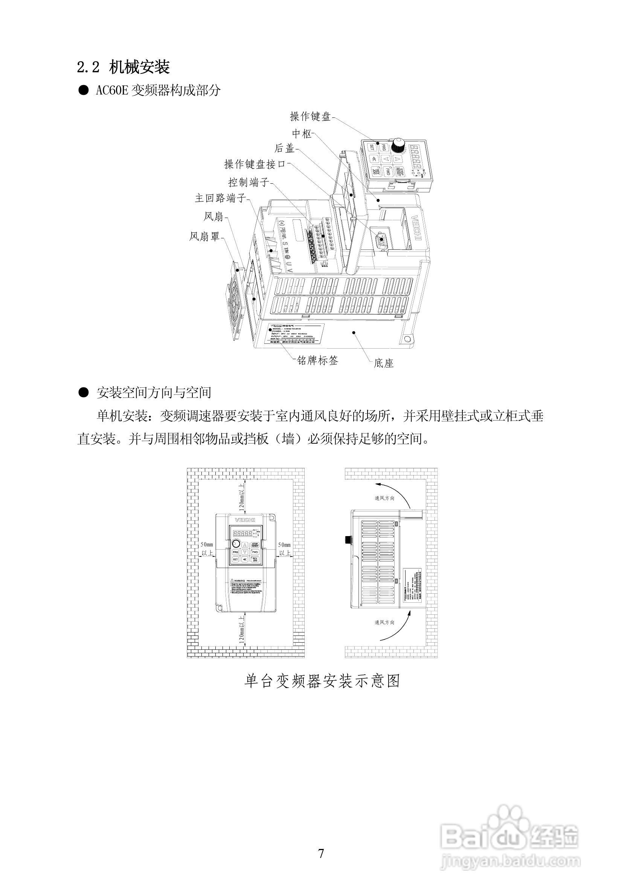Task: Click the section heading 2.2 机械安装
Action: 123,67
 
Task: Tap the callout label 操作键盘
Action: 310,116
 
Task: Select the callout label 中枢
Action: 302,134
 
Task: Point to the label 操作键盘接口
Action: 255,165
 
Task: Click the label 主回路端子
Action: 220,198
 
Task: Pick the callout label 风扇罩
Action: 204,236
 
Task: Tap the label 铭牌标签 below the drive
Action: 317,361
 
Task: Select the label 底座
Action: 384,363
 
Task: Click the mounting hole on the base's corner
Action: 407,339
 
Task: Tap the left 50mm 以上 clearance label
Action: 207,549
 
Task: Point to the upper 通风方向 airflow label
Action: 384,498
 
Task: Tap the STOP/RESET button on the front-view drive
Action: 255,545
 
